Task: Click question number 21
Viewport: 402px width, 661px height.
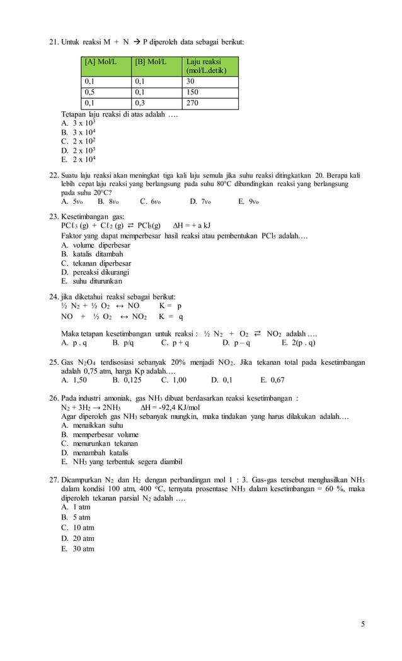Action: [x=54, y=42]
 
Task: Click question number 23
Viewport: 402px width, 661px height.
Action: [x=54, y=216]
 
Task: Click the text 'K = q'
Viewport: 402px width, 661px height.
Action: [x=171, y=316]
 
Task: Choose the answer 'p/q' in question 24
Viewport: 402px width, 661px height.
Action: [x=123, y=343]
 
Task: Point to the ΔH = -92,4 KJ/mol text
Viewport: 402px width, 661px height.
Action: [x=169, y=408]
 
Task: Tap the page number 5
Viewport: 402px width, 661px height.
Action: [x=363, y=624]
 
